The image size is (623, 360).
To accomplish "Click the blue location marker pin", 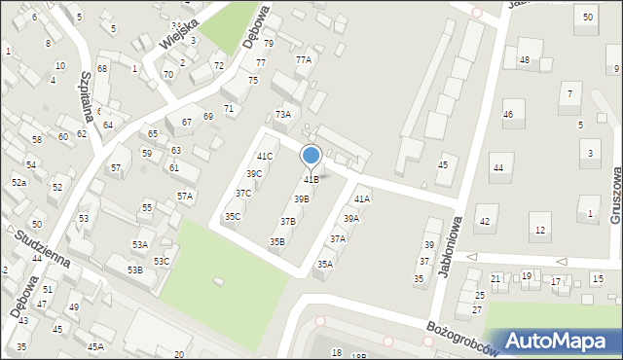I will (x=311, y=156).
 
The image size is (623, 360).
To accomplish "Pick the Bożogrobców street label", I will (x=462, y=335).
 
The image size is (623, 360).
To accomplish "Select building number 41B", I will (x=311, y=179).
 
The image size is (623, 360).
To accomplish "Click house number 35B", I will (x=277, y=241).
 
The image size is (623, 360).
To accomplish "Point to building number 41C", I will (x=265, y=156).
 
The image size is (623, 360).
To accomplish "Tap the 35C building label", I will (x=233, y=216).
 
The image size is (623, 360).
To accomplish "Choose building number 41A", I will (x=362, y=198).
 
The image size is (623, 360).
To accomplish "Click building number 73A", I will (x=282, y=114).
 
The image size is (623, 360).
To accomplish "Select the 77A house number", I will (x=304, y=59).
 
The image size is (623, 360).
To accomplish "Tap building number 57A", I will (x=185, y=196).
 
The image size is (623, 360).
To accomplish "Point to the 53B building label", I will (x=134, y=269).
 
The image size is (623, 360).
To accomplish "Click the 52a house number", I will (x=18, y=182).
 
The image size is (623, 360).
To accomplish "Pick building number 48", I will (x=524, y=60).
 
